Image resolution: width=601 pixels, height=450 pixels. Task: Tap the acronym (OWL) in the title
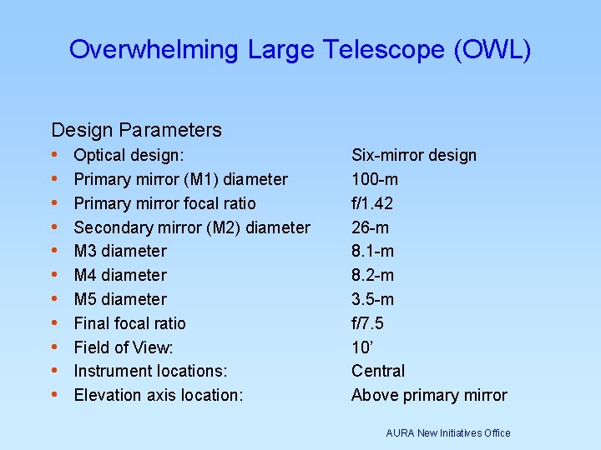492,49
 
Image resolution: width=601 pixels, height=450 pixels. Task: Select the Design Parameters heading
136,130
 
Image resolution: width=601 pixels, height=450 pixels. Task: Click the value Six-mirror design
414,155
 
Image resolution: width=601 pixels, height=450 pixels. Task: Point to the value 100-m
375,179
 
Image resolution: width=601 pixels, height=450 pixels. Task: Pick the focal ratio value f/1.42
372,203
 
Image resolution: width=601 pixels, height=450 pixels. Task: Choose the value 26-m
371,227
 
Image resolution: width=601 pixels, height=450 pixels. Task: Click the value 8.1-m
372,251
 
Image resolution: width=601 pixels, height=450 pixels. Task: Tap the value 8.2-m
372,275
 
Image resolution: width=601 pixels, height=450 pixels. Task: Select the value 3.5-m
372,299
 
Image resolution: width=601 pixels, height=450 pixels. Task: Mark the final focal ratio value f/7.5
367,323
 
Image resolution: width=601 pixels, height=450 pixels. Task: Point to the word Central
378,371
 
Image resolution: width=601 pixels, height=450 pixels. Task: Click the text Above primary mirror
429,395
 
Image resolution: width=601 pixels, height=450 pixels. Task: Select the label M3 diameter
120,251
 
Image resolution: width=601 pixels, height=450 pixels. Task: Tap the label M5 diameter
120,299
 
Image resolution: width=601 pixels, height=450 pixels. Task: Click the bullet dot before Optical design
55,155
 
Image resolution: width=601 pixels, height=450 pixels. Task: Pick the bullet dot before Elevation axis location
55,395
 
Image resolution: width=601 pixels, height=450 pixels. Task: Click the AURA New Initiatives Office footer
448,432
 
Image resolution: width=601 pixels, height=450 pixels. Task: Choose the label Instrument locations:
150,371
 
